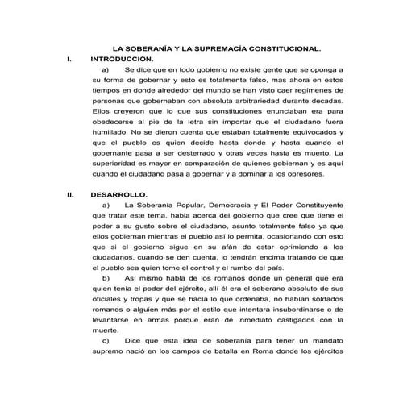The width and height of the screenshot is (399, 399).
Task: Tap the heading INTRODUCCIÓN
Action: (120, 59)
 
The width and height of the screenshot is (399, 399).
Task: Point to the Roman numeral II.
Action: (70, 194)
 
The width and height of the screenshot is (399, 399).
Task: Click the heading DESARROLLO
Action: (118, 194)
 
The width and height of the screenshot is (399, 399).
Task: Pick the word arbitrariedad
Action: (248, 104)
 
